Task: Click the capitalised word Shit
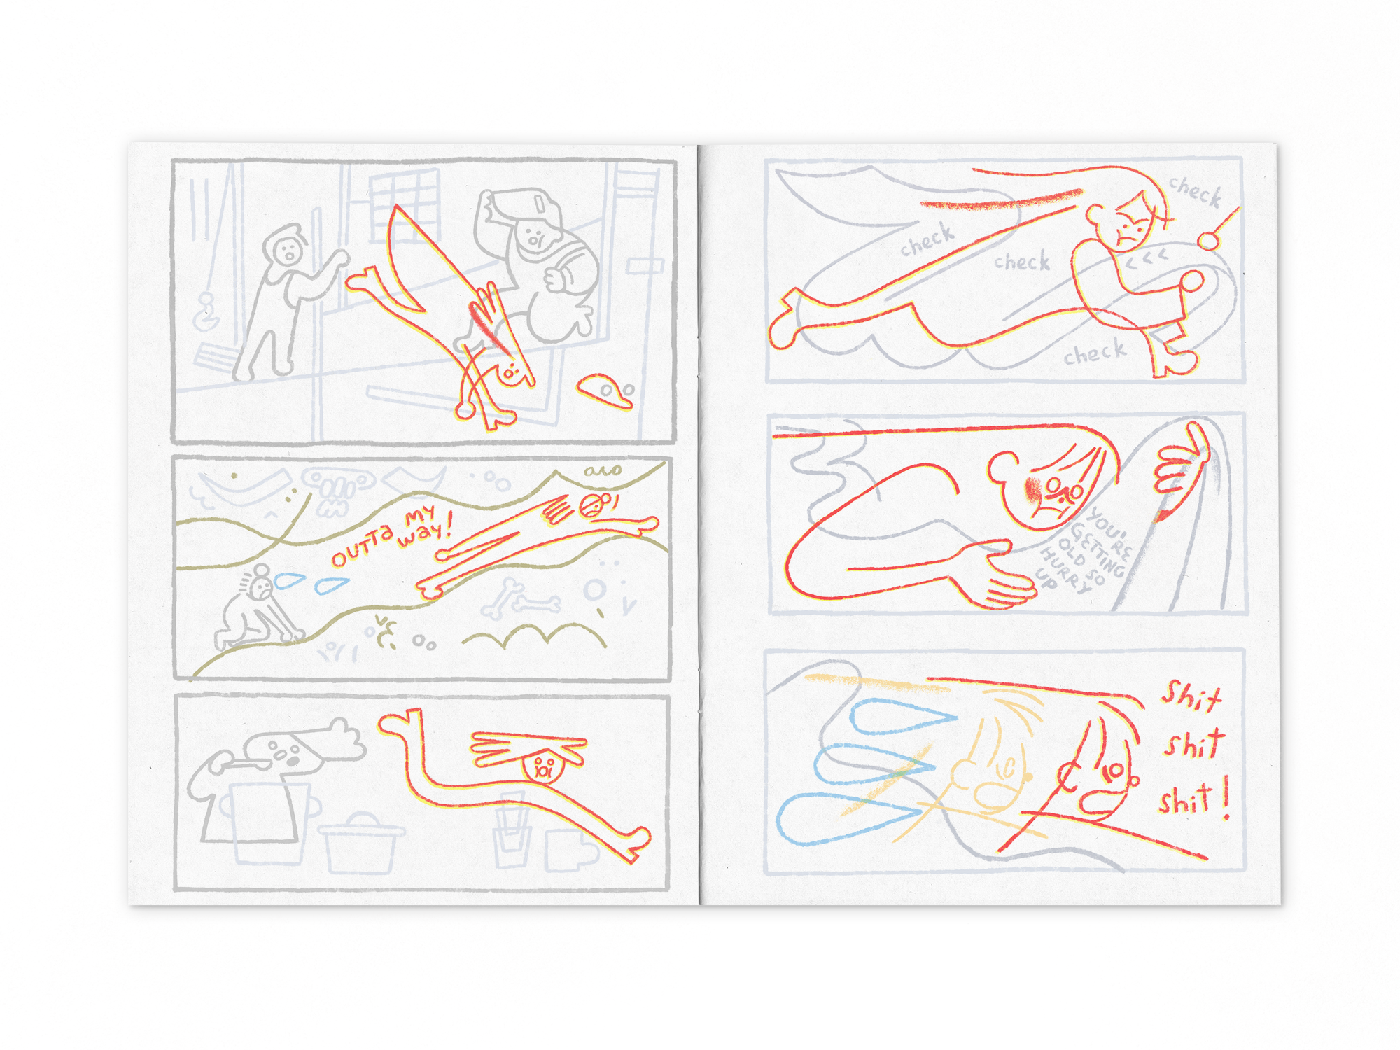[x=1191, y=696]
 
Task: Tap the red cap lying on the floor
[x=605, y=390]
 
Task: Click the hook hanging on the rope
[x=206, y=311]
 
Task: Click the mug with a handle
[x=570, y=850]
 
